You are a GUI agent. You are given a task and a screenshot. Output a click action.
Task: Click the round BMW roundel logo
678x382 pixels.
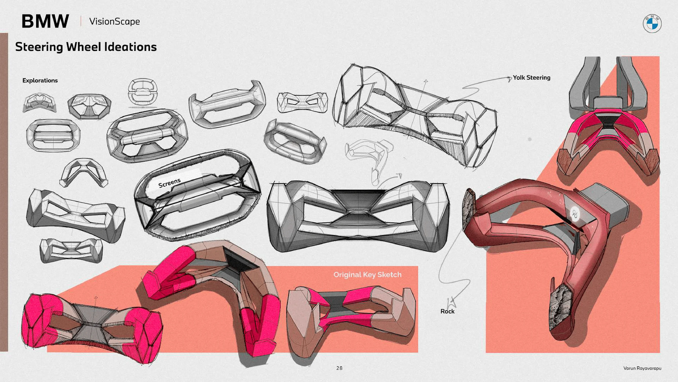point(652,24)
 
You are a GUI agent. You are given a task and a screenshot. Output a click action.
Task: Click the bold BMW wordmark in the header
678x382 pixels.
point(45,21)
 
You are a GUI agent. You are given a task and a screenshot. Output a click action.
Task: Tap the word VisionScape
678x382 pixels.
point(115,22)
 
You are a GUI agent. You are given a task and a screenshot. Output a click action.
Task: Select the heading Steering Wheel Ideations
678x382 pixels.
point(86,47)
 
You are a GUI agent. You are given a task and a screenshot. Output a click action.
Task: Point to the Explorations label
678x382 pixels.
point(40,81)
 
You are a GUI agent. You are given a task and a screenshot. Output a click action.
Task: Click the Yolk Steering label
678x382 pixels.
point(532,78)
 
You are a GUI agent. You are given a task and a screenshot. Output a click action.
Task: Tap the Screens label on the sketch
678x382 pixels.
point(169,183)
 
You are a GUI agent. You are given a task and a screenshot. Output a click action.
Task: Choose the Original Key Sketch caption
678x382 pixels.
point(367,275)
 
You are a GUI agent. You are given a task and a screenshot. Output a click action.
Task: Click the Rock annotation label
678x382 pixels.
point(447,311)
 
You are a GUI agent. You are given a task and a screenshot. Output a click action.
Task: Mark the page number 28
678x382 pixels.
point(339,368)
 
